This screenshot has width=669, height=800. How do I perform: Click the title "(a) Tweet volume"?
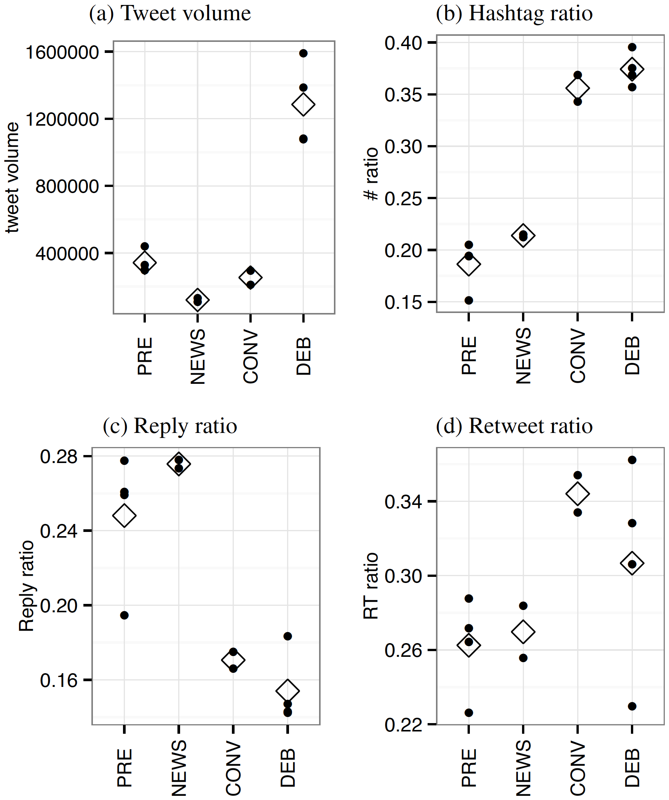170,14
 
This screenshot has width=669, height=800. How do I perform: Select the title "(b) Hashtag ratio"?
514,14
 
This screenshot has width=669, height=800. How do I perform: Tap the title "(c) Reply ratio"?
170,426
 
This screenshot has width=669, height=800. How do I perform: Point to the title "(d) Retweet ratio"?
514,426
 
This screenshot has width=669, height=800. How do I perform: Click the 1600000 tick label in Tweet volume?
62,52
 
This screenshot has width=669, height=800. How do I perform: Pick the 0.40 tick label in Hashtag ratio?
404,43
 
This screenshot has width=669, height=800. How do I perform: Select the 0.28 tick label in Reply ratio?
59,457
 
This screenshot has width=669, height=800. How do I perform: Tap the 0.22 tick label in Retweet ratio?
404,724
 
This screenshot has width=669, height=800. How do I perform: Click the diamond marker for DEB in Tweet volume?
303,104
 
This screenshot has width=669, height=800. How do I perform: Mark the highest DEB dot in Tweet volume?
303,53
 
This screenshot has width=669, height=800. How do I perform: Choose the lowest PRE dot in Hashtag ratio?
469,300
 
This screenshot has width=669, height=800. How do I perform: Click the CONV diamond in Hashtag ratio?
578,88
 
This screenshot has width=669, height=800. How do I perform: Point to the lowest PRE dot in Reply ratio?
124,615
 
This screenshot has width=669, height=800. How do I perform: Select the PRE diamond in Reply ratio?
124,516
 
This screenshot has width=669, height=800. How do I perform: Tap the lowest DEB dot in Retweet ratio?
632,706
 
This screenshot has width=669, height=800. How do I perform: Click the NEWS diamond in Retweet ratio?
523,631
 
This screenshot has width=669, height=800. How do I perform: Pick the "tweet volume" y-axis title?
13,177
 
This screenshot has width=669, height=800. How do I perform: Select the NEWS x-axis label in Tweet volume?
197,356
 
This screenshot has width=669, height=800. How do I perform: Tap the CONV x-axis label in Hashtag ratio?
578,356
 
